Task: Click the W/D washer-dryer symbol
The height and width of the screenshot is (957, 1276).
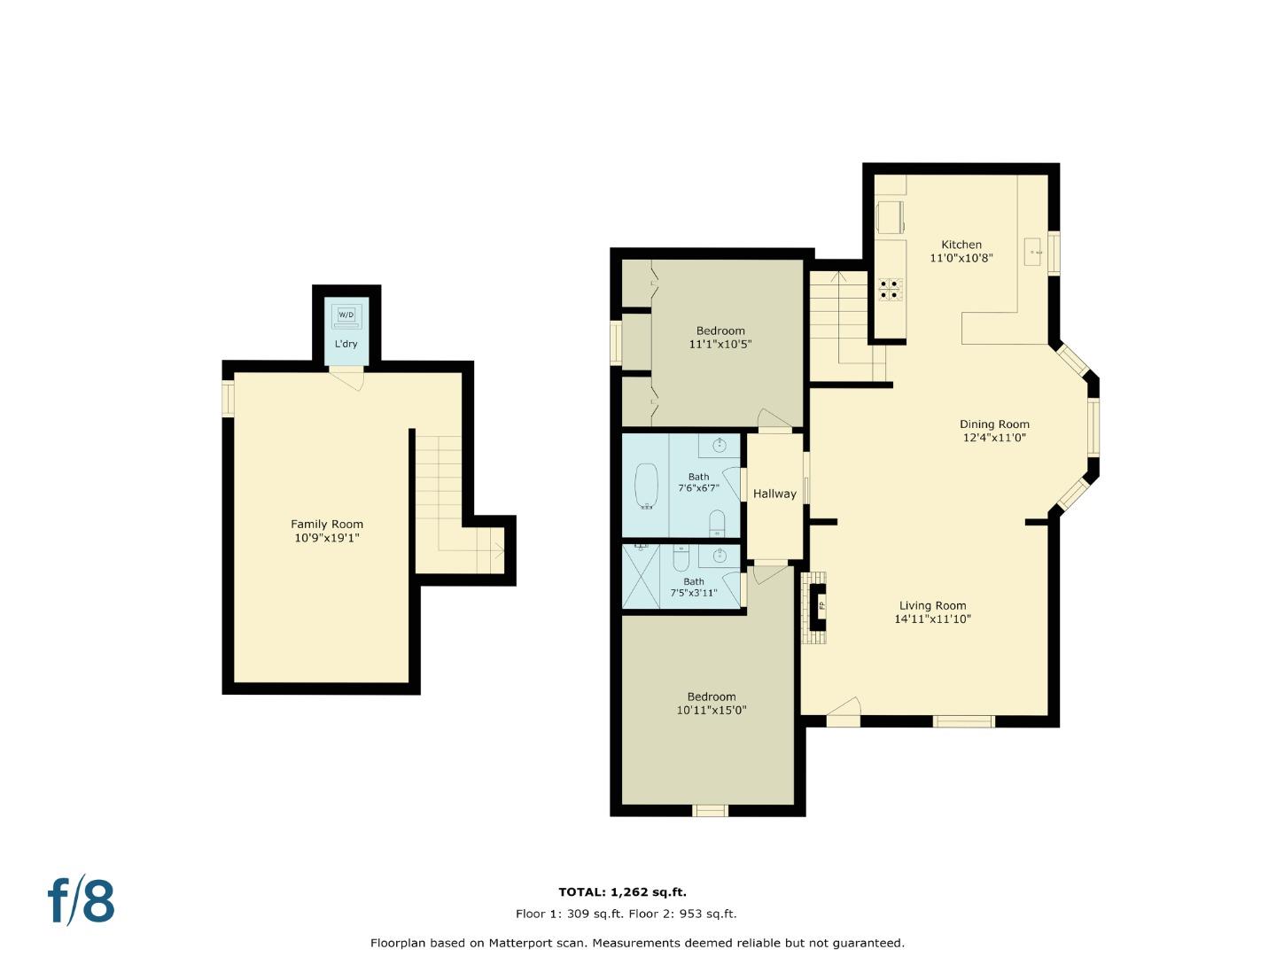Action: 346,315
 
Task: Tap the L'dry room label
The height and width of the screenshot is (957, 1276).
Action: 346,344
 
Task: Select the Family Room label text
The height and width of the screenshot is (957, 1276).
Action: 327,524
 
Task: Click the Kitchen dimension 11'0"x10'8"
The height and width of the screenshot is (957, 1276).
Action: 961,258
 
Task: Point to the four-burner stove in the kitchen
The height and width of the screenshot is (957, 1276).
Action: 890,290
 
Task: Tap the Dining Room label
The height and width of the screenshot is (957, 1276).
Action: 994,424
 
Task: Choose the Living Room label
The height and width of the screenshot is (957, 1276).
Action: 932,605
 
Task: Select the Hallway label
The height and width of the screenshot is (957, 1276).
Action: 774,494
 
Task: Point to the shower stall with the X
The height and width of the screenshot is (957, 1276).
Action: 641,576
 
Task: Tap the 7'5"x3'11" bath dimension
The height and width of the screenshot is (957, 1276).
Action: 694,593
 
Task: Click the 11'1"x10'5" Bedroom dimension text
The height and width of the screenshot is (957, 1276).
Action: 720,344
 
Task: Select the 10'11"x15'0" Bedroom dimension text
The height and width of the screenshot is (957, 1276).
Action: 711,710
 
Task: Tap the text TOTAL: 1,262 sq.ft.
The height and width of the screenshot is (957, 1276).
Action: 622,891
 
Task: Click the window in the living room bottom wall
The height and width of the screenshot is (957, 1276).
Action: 964,721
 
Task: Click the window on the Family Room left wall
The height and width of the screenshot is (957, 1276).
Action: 228,398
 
